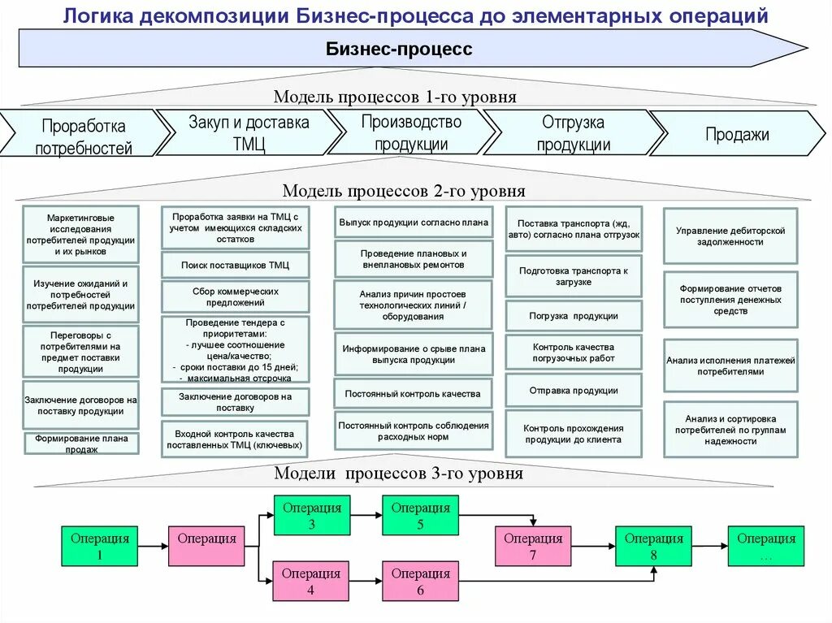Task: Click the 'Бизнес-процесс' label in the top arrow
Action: (x=399, y=50)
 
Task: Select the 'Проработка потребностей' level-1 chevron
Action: (x=83, y=136)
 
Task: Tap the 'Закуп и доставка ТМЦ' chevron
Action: (x=249, y=133)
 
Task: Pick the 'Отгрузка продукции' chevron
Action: (x=573, y=133)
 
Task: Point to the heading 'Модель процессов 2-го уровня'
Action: (x=403, y=191)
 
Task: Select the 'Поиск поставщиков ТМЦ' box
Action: (x=235, y=265)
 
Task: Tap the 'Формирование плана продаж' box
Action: (x=81, y=443)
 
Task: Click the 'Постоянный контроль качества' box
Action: (x=413, y=393)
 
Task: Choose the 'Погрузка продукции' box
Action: (x=574, y=316)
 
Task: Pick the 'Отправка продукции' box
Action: (x=574, y=390)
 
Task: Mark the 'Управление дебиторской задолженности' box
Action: (x=730, y=236)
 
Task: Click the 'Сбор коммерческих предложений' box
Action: (x=235, y=296)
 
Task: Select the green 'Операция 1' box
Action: (x=100, y=546)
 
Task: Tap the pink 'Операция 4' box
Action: (x=311, y=581)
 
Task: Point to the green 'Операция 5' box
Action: (x=420, y=515)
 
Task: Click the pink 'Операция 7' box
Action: (x=532, y=546)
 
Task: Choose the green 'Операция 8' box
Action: (x=653, y=546)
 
